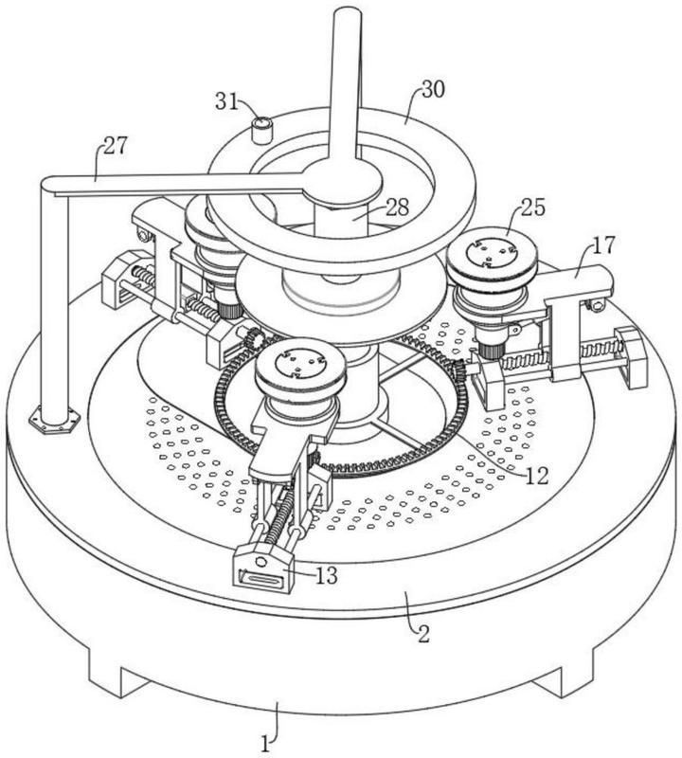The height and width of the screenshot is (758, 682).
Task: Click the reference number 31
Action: pyautogui.click(x=227, y=101)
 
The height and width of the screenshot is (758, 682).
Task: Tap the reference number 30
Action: pyautogui.click(x=433, y=89)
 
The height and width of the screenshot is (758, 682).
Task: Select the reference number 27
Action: pyautogui.click(x=115, y=145)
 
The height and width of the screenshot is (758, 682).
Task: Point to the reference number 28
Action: pyautogui.click(x=397, y=208)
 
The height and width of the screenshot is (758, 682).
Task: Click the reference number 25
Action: pyautogui.click(x=532, y=207)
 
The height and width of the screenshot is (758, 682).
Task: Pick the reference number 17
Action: pyautogui.click(x=604, y=245)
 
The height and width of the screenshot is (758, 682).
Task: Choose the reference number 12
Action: pyautogui.click(x=537, y=477)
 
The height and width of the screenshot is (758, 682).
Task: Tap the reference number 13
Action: pyautogui.click(x=326, y=575)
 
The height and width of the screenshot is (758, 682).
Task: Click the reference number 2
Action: pyautogui.click(x=423, y=634)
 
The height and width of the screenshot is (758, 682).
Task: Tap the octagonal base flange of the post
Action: pyautogui.click(x=54, y=421)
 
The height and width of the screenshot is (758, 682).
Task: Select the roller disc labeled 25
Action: pyautogui.click(x=492, y=258)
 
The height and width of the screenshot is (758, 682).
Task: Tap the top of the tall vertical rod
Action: pyautogui.click(x=348, y=14)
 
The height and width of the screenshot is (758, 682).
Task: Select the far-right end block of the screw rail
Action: pyautogui.click(x=631, y=357)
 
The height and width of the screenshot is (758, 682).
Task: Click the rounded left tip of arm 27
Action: pyautogui.click(x=47, y=184)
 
